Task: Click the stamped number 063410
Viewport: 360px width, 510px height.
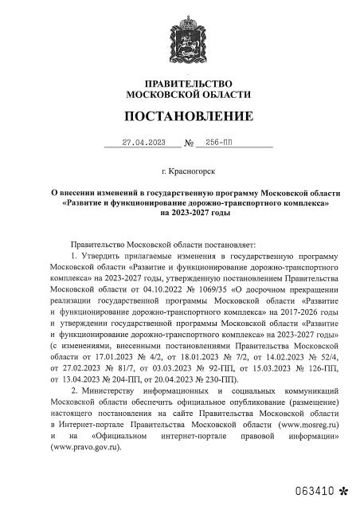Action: coord(315,484)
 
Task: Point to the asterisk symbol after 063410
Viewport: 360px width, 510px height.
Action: coord(343,484)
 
